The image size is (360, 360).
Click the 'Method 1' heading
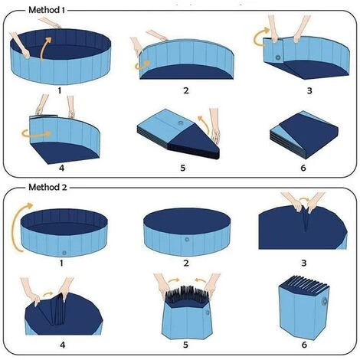(x=47, y=10)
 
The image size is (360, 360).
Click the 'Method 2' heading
(x=47, y=187)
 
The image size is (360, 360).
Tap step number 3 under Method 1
(x=309, y=90)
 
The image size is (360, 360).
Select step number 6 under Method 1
(x=303, y=168)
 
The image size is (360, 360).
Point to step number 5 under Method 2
(x=185, y=345)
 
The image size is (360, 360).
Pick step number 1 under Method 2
(x=61, y=263)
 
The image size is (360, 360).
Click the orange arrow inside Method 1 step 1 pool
(x=45, y=48)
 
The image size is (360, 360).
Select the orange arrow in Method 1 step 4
(x=36, y=133)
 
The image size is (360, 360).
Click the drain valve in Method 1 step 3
(x=278, y=57)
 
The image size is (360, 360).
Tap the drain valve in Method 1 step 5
(x=181, y=123)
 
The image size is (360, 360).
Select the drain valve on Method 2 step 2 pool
(x=187, y=240)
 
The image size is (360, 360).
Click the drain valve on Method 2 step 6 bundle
(x=325, y=302)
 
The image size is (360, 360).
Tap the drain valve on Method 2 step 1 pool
(x=64, y=253)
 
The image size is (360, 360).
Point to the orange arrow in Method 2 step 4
(x=47, y=294)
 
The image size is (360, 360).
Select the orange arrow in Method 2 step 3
(x=304, y=198)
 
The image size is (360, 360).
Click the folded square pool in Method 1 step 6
(x=304, y=135)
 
